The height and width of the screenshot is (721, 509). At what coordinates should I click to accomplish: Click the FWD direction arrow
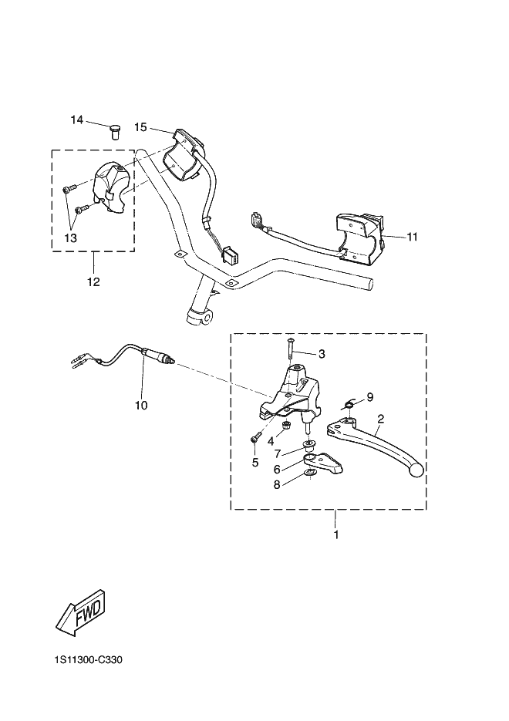tap(81, 612)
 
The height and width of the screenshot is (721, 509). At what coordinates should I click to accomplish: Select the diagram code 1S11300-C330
tap(88, 660)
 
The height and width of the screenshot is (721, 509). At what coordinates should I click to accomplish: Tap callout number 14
tap(77, 120)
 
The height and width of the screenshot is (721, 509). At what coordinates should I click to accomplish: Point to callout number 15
tap(140, 127)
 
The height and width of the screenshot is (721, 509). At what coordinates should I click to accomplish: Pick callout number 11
tap(412, 237)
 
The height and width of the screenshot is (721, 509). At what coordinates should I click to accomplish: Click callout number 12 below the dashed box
tap(93, 281)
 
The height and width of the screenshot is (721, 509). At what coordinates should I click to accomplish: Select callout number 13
tap(71, 238)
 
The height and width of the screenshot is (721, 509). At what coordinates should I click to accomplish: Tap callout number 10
tap(141, 405)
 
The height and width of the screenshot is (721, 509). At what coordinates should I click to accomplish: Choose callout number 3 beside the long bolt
tap(322, 354)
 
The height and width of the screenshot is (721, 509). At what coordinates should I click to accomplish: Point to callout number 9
tap(369, 397)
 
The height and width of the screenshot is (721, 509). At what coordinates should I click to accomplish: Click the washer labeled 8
tap(310, 473)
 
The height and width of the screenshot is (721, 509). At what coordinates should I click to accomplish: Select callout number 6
tap(277, 470)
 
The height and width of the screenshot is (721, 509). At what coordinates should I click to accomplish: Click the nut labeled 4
tap(285, 424)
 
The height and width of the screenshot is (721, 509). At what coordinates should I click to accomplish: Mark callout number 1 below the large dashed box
tap(336, 534)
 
